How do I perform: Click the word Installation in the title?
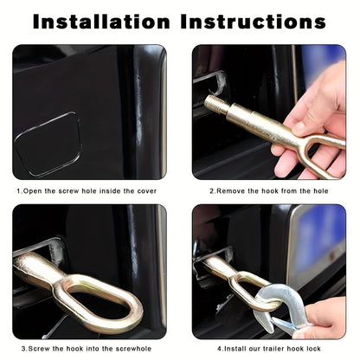point(101,22)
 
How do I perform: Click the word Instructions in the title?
point(254,22)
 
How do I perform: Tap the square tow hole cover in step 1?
point(48,144)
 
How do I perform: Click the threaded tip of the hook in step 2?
point(214,103)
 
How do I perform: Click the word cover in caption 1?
point(147,191)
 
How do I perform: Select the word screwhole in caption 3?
point(133,349)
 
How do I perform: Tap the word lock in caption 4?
point(313,349)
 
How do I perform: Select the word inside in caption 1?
point(111,191)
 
